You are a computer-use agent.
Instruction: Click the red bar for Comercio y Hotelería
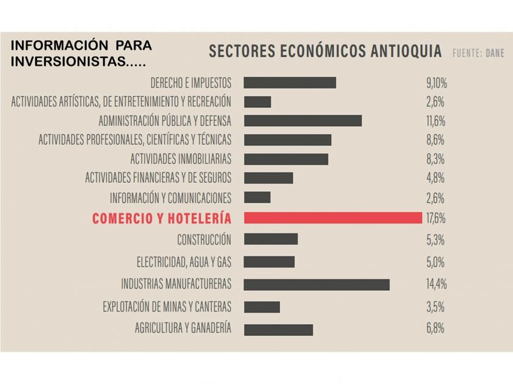tap(333, 218)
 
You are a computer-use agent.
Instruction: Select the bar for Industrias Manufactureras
tap(316, 284)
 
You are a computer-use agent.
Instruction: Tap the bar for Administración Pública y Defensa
tap(302, 120)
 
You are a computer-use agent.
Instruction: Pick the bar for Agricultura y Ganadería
tap(278, 329)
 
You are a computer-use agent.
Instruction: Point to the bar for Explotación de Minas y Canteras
tap(261, 307)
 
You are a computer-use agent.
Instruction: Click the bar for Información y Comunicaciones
tap(256, 197)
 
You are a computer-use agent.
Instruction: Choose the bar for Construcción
tap(271, 239)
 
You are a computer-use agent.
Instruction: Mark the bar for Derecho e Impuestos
tap(289, 82)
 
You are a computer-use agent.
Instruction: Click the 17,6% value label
tap(435, 218)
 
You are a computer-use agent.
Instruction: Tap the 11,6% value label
tap(435, 120)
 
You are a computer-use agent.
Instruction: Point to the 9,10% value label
tap(437, 82)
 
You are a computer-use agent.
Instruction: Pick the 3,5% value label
tap(435, 306)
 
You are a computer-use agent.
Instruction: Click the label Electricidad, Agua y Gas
tap(184, 262)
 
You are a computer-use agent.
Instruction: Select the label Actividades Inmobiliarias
tap(181, 159)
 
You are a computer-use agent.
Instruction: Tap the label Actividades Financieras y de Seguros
tap(158, 178)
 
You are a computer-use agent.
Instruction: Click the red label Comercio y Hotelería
tap(161, 218)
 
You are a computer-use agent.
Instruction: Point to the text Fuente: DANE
tap(478, 53)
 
